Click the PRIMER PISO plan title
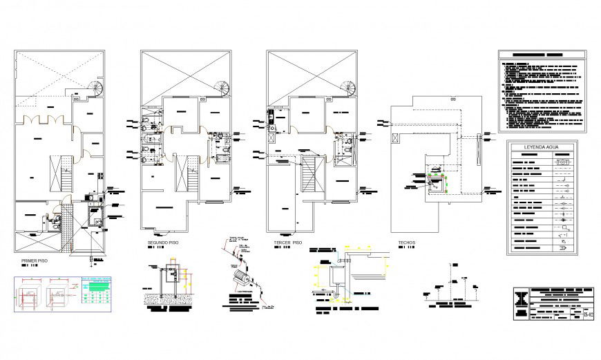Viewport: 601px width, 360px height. coord(34,261)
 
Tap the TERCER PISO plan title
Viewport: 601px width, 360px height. coord(286,243)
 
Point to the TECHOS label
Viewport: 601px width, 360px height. coord(407,243)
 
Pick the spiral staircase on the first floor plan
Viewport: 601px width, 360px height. coord(96,89)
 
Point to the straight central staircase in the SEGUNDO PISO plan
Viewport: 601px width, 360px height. coord(188,175)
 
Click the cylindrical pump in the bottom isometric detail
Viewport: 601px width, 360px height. coord(242,278)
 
